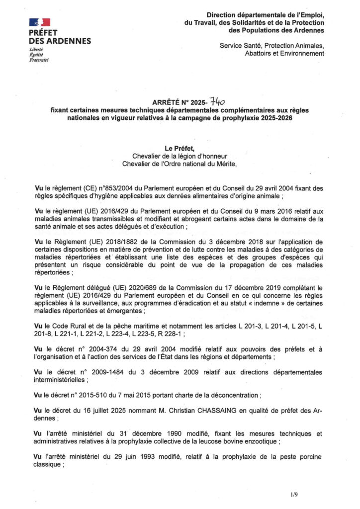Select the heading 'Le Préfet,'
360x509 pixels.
coord(180,149)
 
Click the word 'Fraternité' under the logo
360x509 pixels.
coord(39,60)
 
